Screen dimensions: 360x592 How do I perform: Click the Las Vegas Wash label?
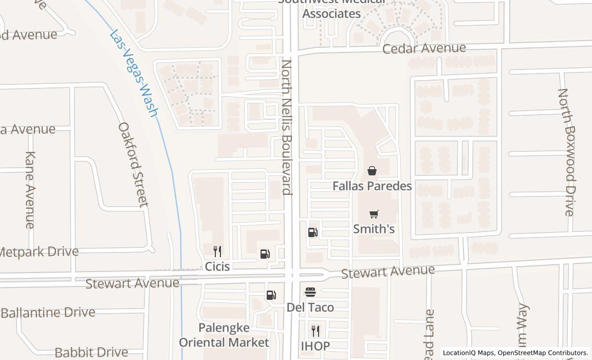133,74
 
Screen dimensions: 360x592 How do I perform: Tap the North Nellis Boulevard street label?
287,128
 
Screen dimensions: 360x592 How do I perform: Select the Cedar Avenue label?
424,48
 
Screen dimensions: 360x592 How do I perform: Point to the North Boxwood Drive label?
566,152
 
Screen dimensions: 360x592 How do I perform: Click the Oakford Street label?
134,164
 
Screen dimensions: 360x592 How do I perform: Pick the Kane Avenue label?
30,190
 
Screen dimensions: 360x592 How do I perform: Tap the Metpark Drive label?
39,252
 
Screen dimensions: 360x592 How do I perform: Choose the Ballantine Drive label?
48,313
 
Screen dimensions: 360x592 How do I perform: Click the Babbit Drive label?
91,352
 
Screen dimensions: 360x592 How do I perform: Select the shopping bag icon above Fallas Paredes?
372,171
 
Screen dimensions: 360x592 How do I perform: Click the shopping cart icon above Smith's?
374,214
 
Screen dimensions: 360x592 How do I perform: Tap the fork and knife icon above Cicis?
217,251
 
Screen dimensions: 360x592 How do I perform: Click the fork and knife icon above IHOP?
316,331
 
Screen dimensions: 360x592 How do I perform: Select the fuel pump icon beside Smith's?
312,232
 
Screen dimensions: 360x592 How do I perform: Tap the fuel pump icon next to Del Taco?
271,295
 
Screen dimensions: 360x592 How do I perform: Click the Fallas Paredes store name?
372,186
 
